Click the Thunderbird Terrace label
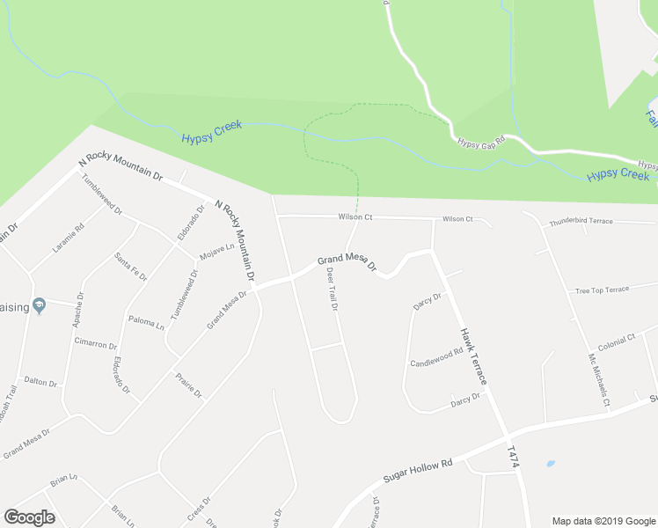click(x=581, y=222)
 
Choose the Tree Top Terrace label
click(x=602, y=290)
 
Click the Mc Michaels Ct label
click(x=598, y=379)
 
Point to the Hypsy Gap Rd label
click(x=479, y=141)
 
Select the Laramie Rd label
click(x=68, y=238)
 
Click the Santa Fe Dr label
click(x=130, y=266)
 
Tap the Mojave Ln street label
click(x=216, y=252)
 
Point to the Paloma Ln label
click(x=146, y=322)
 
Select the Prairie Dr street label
click(x=186, y=384)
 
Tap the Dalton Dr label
click(x=40, y=382)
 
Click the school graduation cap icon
click(x=39, y=305)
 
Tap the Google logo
click(x=29, y=517)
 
